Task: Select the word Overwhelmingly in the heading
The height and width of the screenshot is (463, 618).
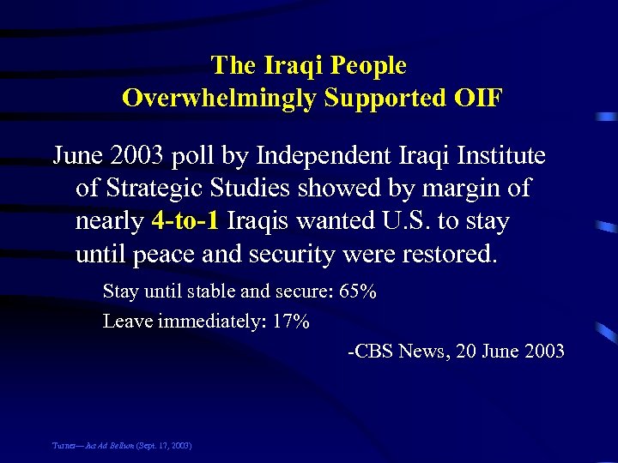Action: [221, 98]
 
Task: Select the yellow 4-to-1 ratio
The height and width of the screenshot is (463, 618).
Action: [185, 221]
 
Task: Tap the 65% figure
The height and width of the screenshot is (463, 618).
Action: [358, 292]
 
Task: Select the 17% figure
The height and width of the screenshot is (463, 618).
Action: [293, 322]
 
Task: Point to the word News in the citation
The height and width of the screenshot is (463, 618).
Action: [421, 351]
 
